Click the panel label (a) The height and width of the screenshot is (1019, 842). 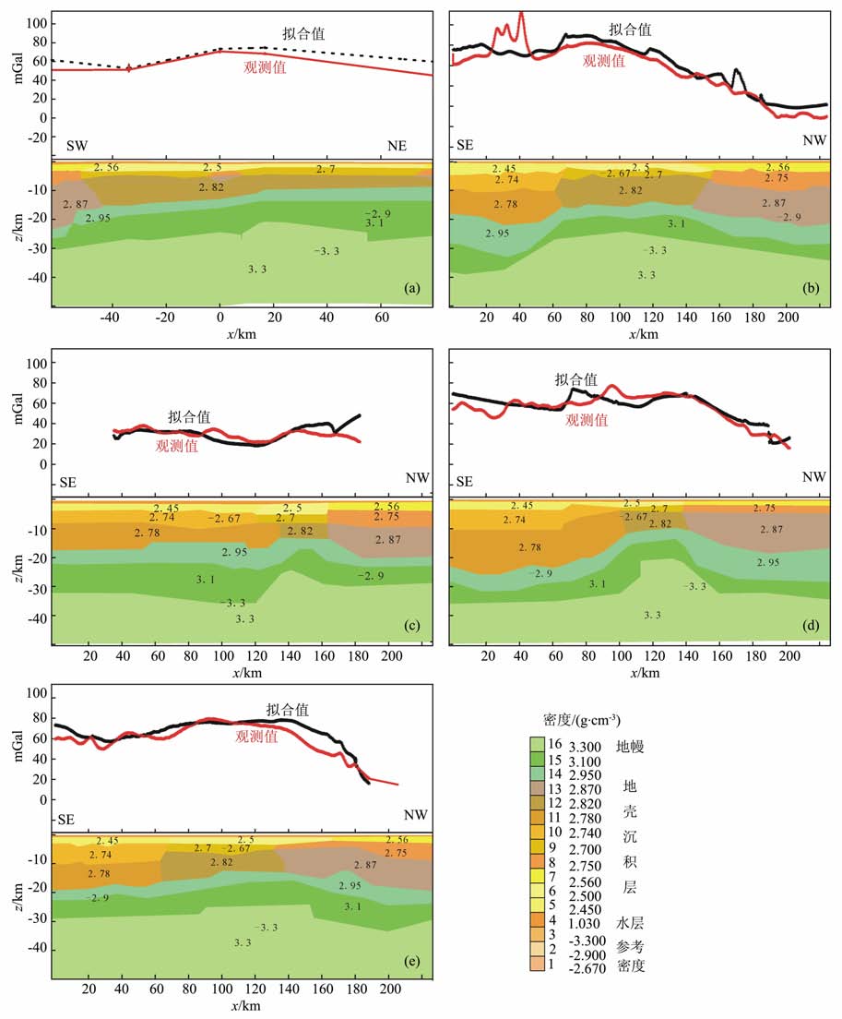click(412, 290)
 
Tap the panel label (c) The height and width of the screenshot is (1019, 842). click(412, 628)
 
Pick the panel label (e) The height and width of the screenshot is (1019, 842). click(412, 963)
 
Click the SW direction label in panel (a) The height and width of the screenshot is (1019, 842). click(79, 147)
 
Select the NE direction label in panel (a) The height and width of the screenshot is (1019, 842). click(397, 147)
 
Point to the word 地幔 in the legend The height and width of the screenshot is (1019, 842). click(633, 747)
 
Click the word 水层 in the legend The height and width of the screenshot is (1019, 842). click(632, 920)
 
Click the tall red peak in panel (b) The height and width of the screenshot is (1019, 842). click(522, 15)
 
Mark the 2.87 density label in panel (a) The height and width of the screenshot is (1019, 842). click(75, 203)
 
